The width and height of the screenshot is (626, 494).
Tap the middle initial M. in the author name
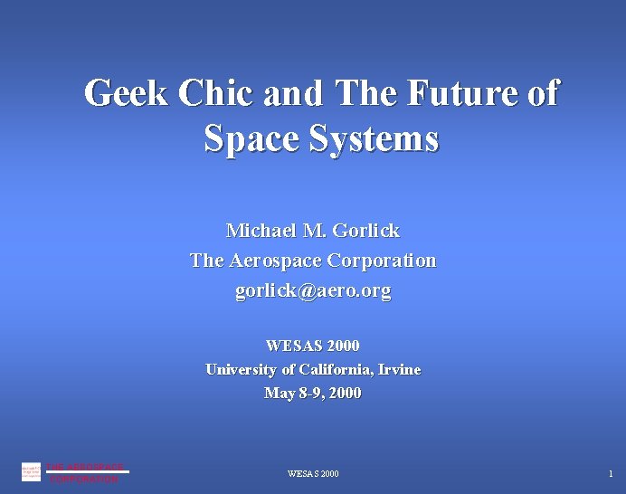click(x=312, y=231)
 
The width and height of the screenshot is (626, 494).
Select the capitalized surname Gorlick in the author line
click(x=365, y=231)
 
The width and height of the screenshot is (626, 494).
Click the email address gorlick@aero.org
click(x=313, y=291)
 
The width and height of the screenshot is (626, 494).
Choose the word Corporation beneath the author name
click(x=381, y=261)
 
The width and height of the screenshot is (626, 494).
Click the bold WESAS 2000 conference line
click(x=313, y=346)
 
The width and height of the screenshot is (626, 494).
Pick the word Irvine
click(x=399, y=369)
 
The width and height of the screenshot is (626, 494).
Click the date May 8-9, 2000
click(x=313, y=393)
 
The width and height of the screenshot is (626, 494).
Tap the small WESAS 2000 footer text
click(x=313, y=474)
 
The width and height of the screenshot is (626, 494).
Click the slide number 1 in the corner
click(x=611, y=474)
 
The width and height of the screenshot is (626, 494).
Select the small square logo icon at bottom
click(x=31, y=471)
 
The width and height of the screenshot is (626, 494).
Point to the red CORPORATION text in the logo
click(x=84, y=480)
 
